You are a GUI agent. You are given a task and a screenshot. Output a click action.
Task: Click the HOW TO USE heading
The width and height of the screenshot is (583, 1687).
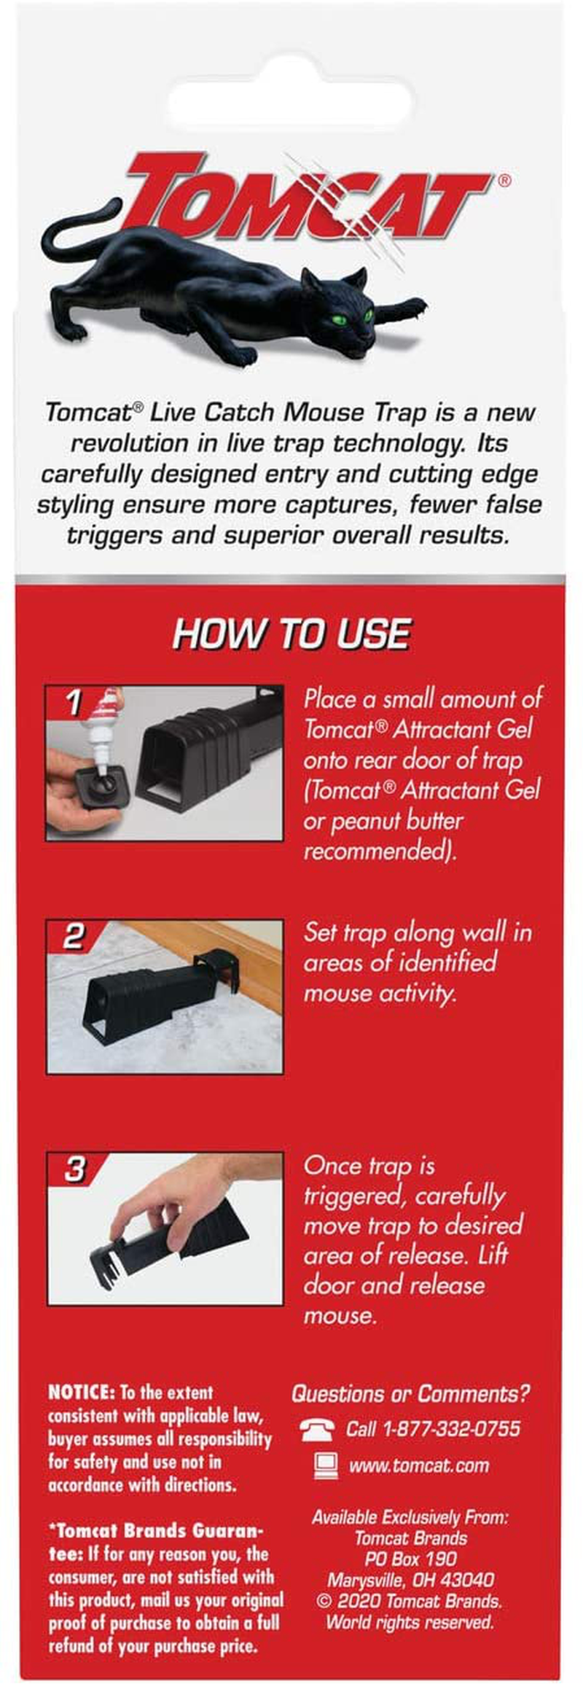click(291, 634)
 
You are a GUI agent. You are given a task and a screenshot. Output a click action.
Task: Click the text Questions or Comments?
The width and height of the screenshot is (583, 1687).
click(410, 1393)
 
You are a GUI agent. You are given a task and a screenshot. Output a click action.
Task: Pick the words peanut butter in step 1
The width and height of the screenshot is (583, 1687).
click(396, 821)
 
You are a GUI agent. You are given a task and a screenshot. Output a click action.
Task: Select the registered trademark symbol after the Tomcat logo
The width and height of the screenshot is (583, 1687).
click(504, 180)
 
